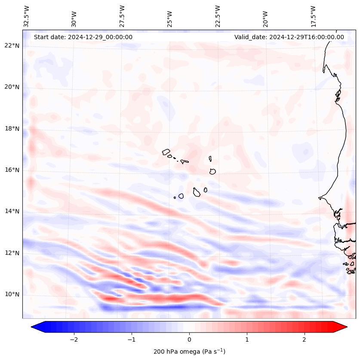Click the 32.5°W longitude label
pos(27,16)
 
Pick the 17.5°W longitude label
pos(313,16)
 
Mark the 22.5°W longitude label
pos(218,16)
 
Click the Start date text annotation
pos(83,37)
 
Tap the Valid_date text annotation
pos(289,37)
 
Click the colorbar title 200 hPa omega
pos(189,352)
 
